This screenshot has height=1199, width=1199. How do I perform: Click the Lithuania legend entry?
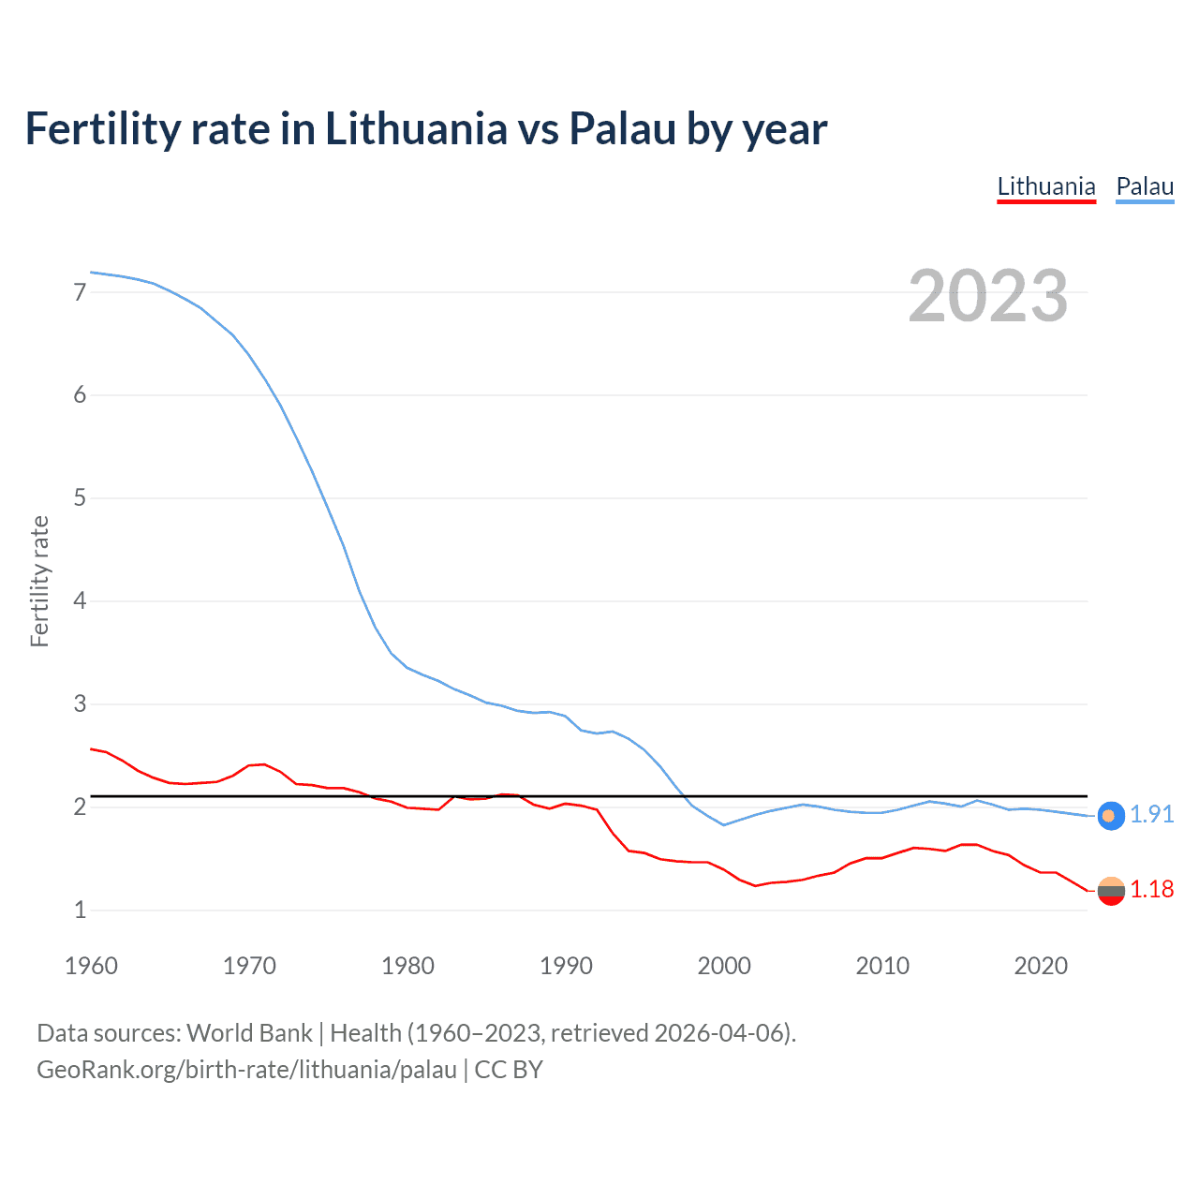click(1045, 186)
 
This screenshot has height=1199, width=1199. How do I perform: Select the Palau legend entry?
click(1145, 186)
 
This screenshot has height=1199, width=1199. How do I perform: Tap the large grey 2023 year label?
click(987, 296)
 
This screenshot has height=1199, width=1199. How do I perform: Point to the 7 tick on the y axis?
click(80, 292)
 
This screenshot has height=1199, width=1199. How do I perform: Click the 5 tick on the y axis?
click(80, 497)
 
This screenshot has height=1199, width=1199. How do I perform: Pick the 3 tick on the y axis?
click(80, 703)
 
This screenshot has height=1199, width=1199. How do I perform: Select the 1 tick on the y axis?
click(80, 910)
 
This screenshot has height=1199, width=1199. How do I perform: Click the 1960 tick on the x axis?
click(91, 966)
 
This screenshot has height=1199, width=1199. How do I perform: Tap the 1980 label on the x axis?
click(407, 966)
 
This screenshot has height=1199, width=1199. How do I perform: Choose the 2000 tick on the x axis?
click(724, 966)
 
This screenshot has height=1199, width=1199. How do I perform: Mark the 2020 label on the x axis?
click(1041, 966)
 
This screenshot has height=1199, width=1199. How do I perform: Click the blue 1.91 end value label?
click(1151, 815)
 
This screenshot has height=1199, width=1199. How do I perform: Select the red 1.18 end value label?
click(1151, 890)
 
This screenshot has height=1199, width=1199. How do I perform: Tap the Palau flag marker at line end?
click(1111, 816)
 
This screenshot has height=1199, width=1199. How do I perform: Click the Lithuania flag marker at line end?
click(1111, 891)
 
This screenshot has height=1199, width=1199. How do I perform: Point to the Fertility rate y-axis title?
click(39, 581)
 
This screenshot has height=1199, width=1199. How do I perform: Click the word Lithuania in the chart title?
click(416, 129)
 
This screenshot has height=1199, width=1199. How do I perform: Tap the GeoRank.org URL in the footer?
click(246, 1070)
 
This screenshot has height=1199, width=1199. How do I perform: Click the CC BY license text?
click(509, 1070)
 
